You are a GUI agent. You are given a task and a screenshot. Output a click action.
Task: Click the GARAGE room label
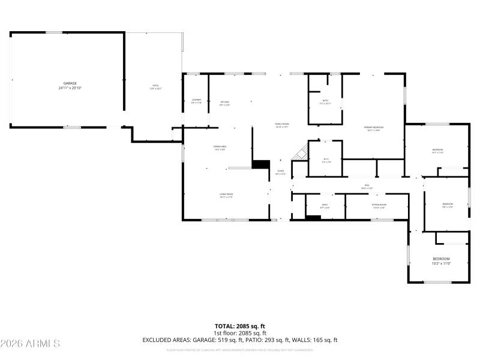tap(70, 86)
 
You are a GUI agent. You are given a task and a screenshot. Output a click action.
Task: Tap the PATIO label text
tap(156, 86)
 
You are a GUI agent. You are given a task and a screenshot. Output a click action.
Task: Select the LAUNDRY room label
tap(196, 101)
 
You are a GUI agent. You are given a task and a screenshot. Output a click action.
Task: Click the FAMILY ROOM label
tap(282, 125)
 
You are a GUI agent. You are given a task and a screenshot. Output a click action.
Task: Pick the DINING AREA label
tap(220, 148)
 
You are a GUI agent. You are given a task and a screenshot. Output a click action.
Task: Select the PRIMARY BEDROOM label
tap(373, 128)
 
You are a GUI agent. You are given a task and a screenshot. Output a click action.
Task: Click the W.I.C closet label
tap(326, 160)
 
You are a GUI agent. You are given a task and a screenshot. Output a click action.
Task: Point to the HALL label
tap(367, 187)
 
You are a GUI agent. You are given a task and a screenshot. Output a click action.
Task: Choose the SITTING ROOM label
tap(379, 206)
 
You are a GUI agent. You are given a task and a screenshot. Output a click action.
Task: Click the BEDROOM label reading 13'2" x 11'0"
tap(441, 260)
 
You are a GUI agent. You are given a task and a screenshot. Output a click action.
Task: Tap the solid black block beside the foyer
tap(261, 164)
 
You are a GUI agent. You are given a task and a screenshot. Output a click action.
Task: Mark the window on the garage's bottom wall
tap(73, 127)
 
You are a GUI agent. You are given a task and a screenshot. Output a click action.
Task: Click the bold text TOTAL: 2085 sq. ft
tap(240, 326)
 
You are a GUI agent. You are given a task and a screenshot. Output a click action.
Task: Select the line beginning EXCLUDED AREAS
tap(240, 340)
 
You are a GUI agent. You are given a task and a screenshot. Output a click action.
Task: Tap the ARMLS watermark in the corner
tap(30, 344)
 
